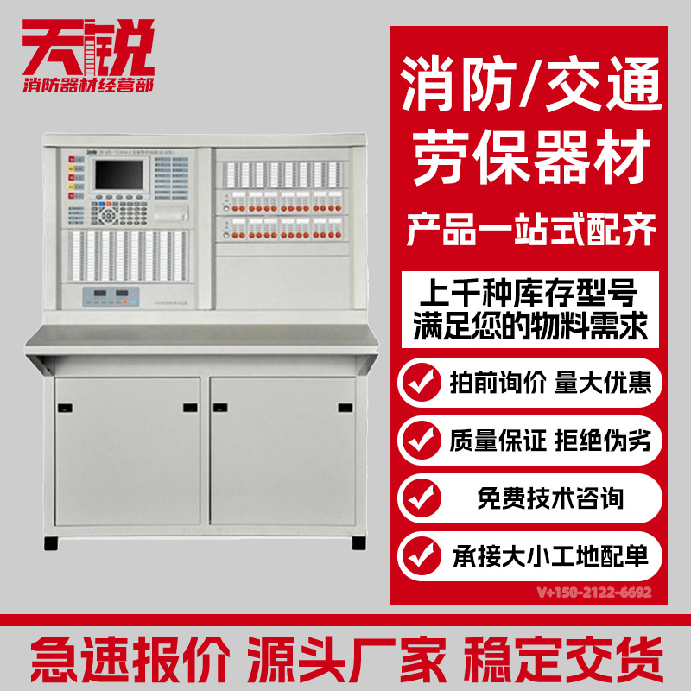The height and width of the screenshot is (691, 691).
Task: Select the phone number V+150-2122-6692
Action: [593, 593]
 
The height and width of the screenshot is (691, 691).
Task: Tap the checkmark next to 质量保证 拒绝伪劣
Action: [422, 441]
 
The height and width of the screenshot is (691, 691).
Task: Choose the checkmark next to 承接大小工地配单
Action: [422, 554]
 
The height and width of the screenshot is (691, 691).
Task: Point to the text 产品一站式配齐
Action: [531, 231]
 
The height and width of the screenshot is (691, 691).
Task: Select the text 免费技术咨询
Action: [550, 498]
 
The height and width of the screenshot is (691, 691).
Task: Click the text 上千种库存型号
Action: [531, 288]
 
